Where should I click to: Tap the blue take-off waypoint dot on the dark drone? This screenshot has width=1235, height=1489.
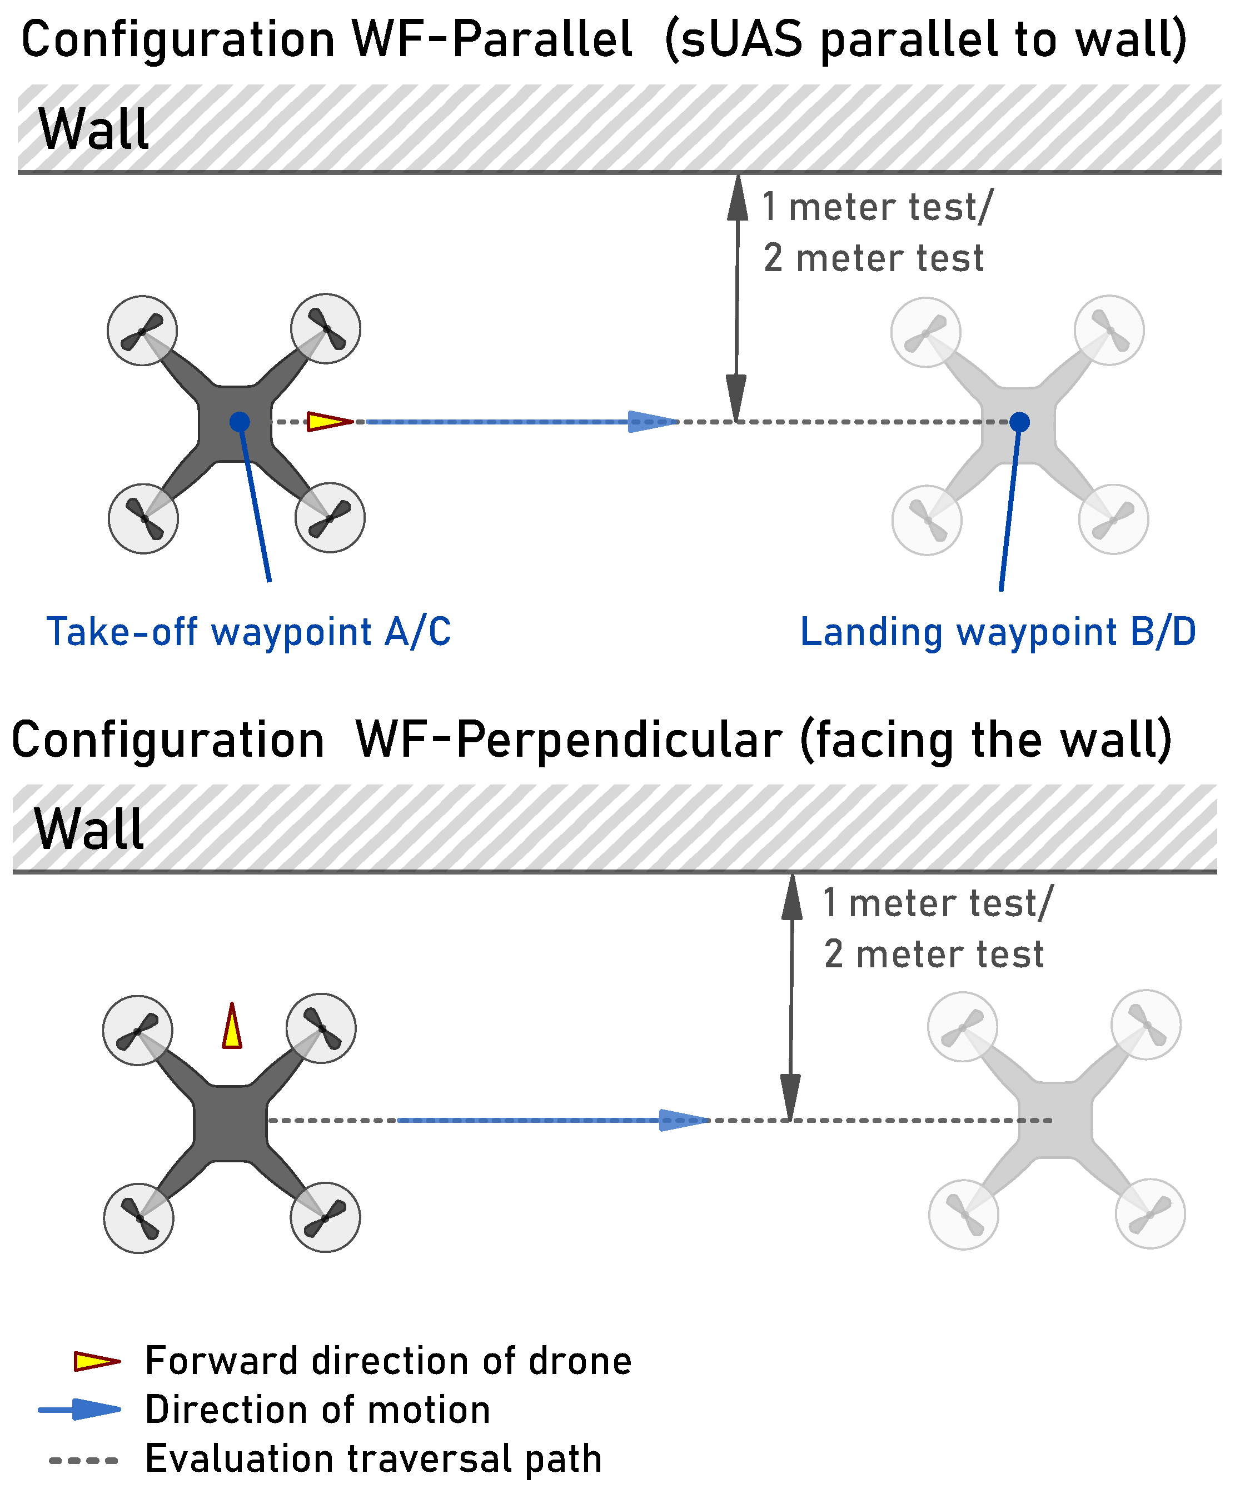(240, 422)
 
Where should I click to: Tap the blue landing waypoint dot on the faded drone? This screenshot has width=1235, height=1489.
(1019, 422)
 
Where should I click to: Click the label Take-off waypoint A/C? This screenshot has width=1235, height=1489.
(248, 632)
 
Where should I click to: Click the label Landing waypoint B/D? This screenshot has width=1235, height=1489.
(998, 632)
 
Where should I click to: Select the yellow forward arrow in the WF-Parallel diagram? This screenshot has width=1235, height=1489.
(328, 422)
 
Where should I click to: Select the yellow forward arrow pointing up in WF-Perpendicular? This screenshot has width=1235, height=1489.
(232, 1028)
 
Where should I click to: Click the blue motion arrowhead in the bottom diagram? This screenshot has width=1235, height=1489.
(683, 1120)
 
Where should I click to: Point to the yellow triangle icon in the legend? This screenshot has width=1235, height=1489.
(97, 1361)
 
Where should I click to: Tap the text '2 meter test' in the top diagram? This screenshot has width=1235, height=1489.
(873, 258)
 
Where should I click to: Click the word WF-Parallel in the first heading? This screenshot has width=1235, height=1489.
(491, 39)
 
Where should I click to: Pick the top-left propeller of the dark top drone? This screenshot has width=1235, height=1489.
(142, 331)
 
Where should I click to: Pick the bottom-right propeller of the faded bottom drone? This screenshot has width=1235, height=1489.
(1150, 1213)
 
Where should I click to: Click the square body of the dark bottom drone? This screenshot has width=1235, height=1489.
(231, 1122)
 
